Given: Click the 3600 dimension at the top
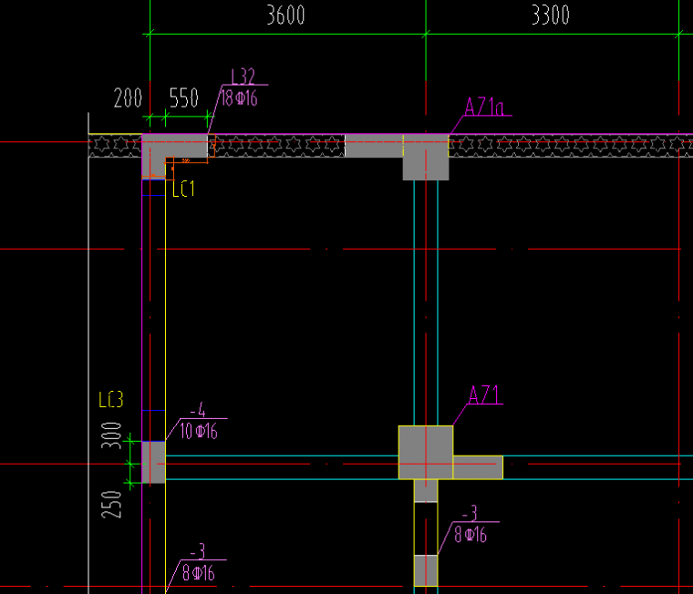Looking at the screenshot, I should tap(284, 15).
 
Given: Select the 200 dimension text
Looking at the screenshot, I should tap(129, 98).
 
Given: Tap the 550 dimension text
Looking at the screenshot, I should tap(184, 98).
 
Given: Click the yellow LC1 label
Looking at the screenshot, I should tap(183, 189).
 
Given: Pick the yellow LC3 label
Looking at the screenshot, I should tap(110, 400).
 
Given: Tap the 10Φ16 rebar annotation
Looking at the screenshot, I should tap(198, 431).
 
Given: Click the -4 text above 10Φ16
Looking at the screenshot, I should tap(197, 410).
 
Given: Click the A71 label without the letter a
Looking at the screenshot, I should tap(485, 394).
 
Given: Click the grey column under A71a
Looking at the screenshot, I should tap(426, 159).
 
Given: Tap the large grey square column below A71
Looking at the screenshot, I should tap(426, 452).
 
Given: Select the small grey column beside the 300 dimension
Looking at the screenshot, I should tap(153, 462).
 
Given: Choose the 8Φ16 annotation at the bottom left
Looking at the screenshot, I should tap(198, 574).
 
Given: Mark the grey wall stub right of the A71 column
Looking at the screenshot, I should tap(478, 467).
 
